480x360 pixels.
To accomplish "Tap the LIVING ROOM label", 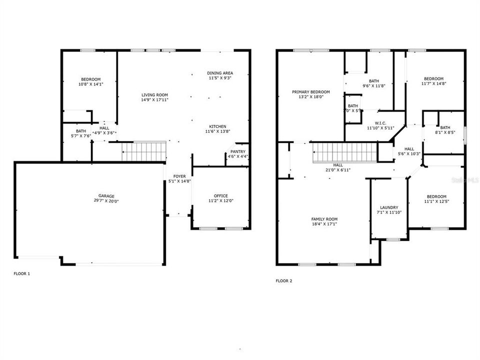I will (x=154, y=94).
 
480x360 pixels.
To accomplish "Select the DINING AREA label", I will (x=220, y=73).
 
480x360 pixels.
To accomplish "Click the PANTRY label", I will (x=238, y=151).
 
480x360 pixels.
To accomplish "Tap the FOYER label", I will (x=179, y=176).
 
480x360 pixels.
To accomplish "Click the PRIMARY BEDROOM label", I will (x=311, y=92).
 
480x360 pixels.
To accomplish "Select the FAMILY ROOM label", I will (x=324, y=219).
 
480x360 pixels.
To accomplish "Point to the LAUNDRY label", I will (x=388, y=207).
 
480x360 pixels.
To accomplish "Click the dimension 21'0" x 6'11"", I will (x=338, y=170).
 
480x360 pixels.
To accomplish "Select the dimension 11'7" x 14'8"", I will (x=433, y=83).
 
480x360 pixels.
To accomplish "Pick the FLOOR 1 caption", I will (x=21, y=273).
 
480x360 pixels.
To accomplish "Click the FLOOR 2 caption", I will (x=284, y=281).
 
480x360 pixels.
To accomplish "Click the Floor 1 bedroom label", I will (x=90, y=79).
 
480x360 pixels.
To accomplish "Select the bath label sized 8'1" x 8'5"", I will (x=445, y=127).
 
